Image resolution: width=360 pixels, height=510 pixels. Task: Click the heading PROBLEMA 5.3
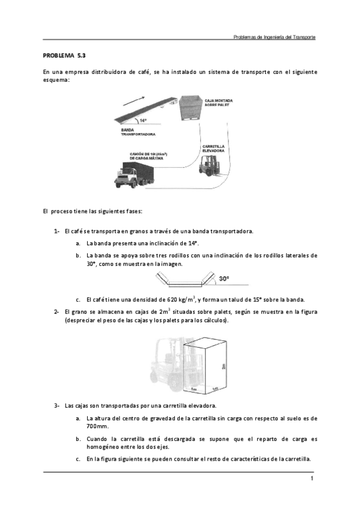pos(61,55)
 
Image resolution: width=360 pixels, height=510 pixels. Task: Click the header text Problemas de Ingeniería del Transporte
pos(274,37)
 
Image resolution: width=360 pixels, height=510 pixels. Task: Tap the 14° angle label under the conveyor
pos(143,120)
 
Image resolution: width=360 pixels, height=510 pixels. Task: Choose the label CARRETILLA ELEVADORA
pos(214,148)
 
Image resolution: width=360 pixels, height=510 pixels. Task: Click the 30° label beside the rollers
pos(224,279)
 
